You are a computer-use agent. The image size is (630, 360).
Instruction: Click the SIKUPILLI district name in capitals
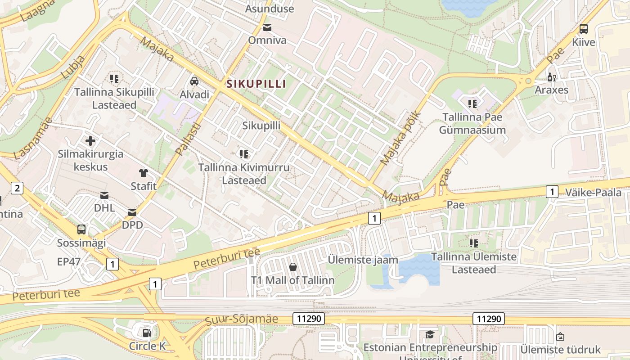pyautogui.click(x=256, y=84)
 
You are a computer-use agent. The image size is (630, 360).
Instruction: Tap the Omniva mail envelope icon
pyautogui.click(x=268, y=27)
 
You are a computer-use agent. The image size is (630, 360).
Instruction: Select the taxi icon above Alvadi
pyautogui.click(x=194, y=81)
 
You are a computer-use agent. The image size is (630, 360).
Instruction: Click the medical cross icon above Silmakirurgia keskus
pyautogui.click(x=90, y=141)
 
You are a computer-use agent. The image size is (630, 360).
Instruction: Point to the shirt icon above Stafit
pyautogui.click(x=144, y=173)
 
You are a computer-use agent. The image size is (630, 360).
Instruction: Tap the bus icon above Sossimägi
pyautogui.click(x=81, y=229)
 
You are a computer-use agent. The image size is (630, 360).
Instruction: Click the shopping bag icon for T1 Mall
pyautogui.click(x=293, y=267)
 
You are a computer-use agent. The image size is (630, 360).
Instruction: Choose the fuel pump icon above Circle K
pyautogui.click(x=147, y=333)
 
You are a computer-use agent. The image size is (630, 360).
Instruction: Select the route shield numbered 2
pyautogui.click(x=17, y=188)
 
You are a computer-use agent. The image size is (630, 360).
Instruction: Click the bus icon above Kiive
pyautogui.click(x=584, y=29)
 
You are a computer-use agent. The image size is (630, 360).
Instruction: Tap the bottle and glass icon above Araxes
pyautogui.click(x=551, y=77)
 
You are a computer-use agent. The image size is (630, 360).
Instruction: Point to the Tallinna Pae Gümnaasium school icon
pyautogui.click(x=472, y=104)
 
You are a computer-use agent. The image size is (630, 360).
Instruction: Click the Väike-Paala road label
pyautogui.click(x=593, y=193)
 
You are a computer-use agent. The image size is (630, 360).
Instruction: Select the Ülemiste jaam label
pyautogui.click(x=363, y=260)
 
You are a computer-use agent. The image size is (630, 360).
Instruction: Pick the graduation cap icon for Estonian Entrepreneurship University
pyautogui.click(x=430, y=334)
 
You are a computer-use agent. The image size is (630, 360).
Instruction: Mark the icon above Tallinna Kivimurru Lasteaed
pyautogui.click(x=244, y=154)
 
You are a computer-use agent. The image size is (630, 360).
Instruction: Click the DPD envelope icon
pyautogui.click(x=132, y=212)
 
